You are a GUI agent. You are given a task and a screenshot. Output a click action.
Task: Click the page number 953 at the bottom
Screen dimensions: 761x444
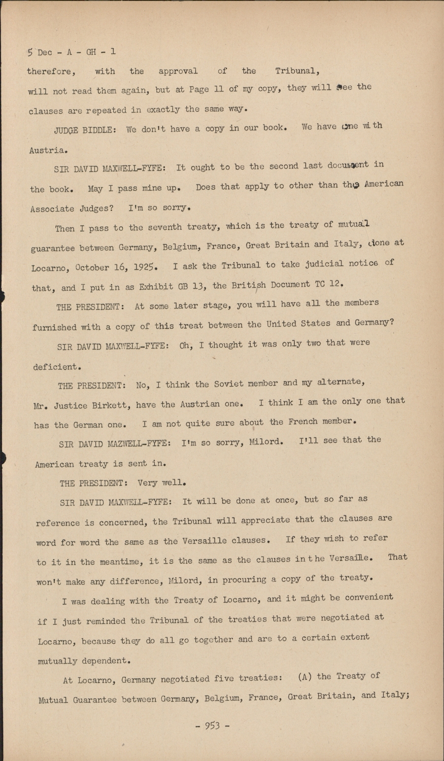(x=212, y=725)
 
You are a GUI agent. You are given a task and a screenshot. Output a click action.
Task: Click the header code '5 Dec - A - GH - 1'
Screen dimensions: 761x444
(x=71, y=52)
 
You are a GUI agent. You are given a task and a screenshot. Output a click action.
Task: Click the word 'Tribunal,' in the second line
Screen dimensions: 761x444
(x=298, y=71)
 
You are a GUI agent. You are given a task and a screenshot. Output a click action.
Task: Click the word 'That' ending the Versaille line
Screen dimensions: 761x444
(x=397, y=557)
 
